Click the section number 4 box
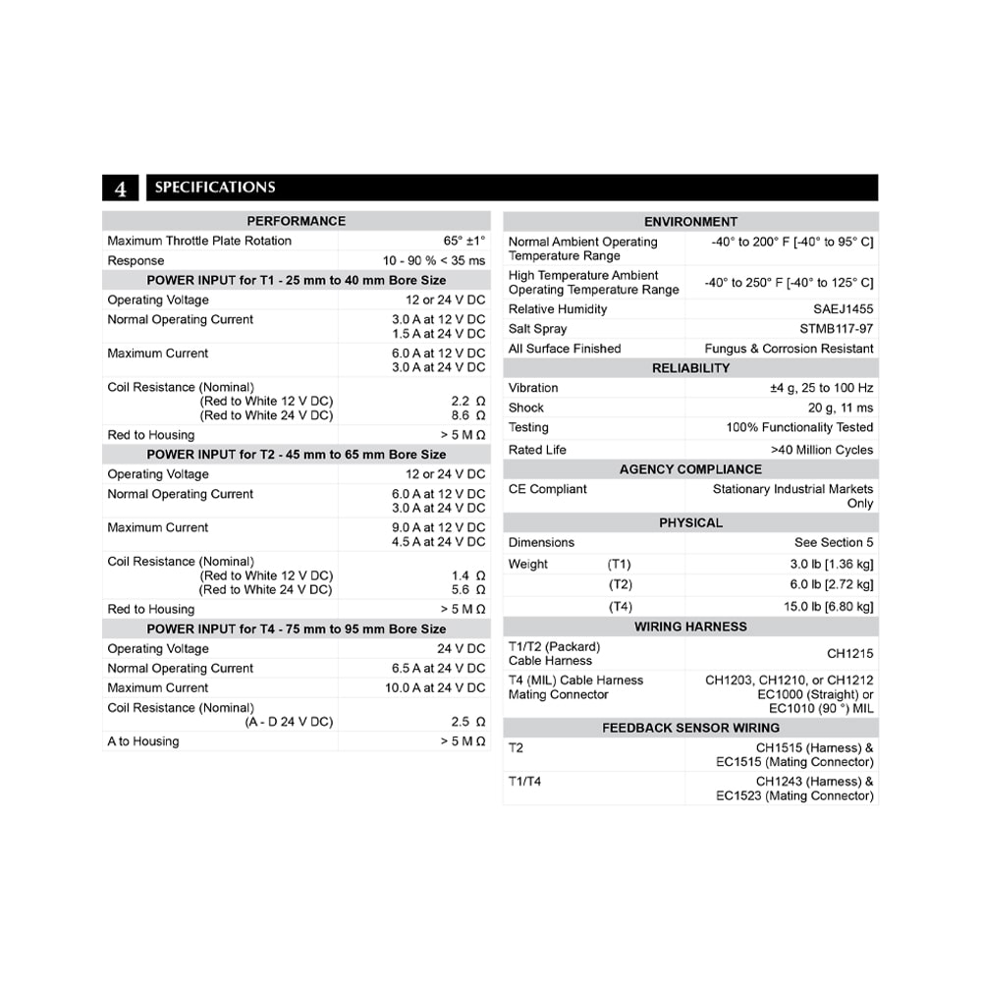click(x=121, y=188)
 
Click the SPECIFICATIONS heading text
click(x=215, y=188)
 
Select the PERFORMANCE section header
click(x=296, y=221)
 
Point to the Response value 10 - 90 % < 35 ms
click(x=434, y=260)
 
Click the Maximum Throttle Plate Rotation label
click(x=199, y=241)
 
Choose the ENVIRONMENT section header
click(x=690, y=221)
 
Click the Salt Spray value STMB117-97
click(x=836, y=329)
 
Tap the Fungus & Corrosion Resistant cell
click(x=789, y=349)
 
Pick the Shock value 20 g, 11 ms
click(x=840, y=408)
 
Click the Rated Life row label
click(x=537, y=450)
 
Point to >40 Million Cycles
click(x=822, y=450)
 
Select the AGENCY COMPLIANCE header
click(x=690, y=469)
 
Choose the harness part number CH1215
click(x=849, y=653)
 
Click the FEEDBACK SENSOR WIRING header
click(x=690, y=728)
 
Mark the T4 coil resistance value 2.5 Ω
click(x=467, y=722)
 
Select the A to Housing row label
click(x=143, y=741)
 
